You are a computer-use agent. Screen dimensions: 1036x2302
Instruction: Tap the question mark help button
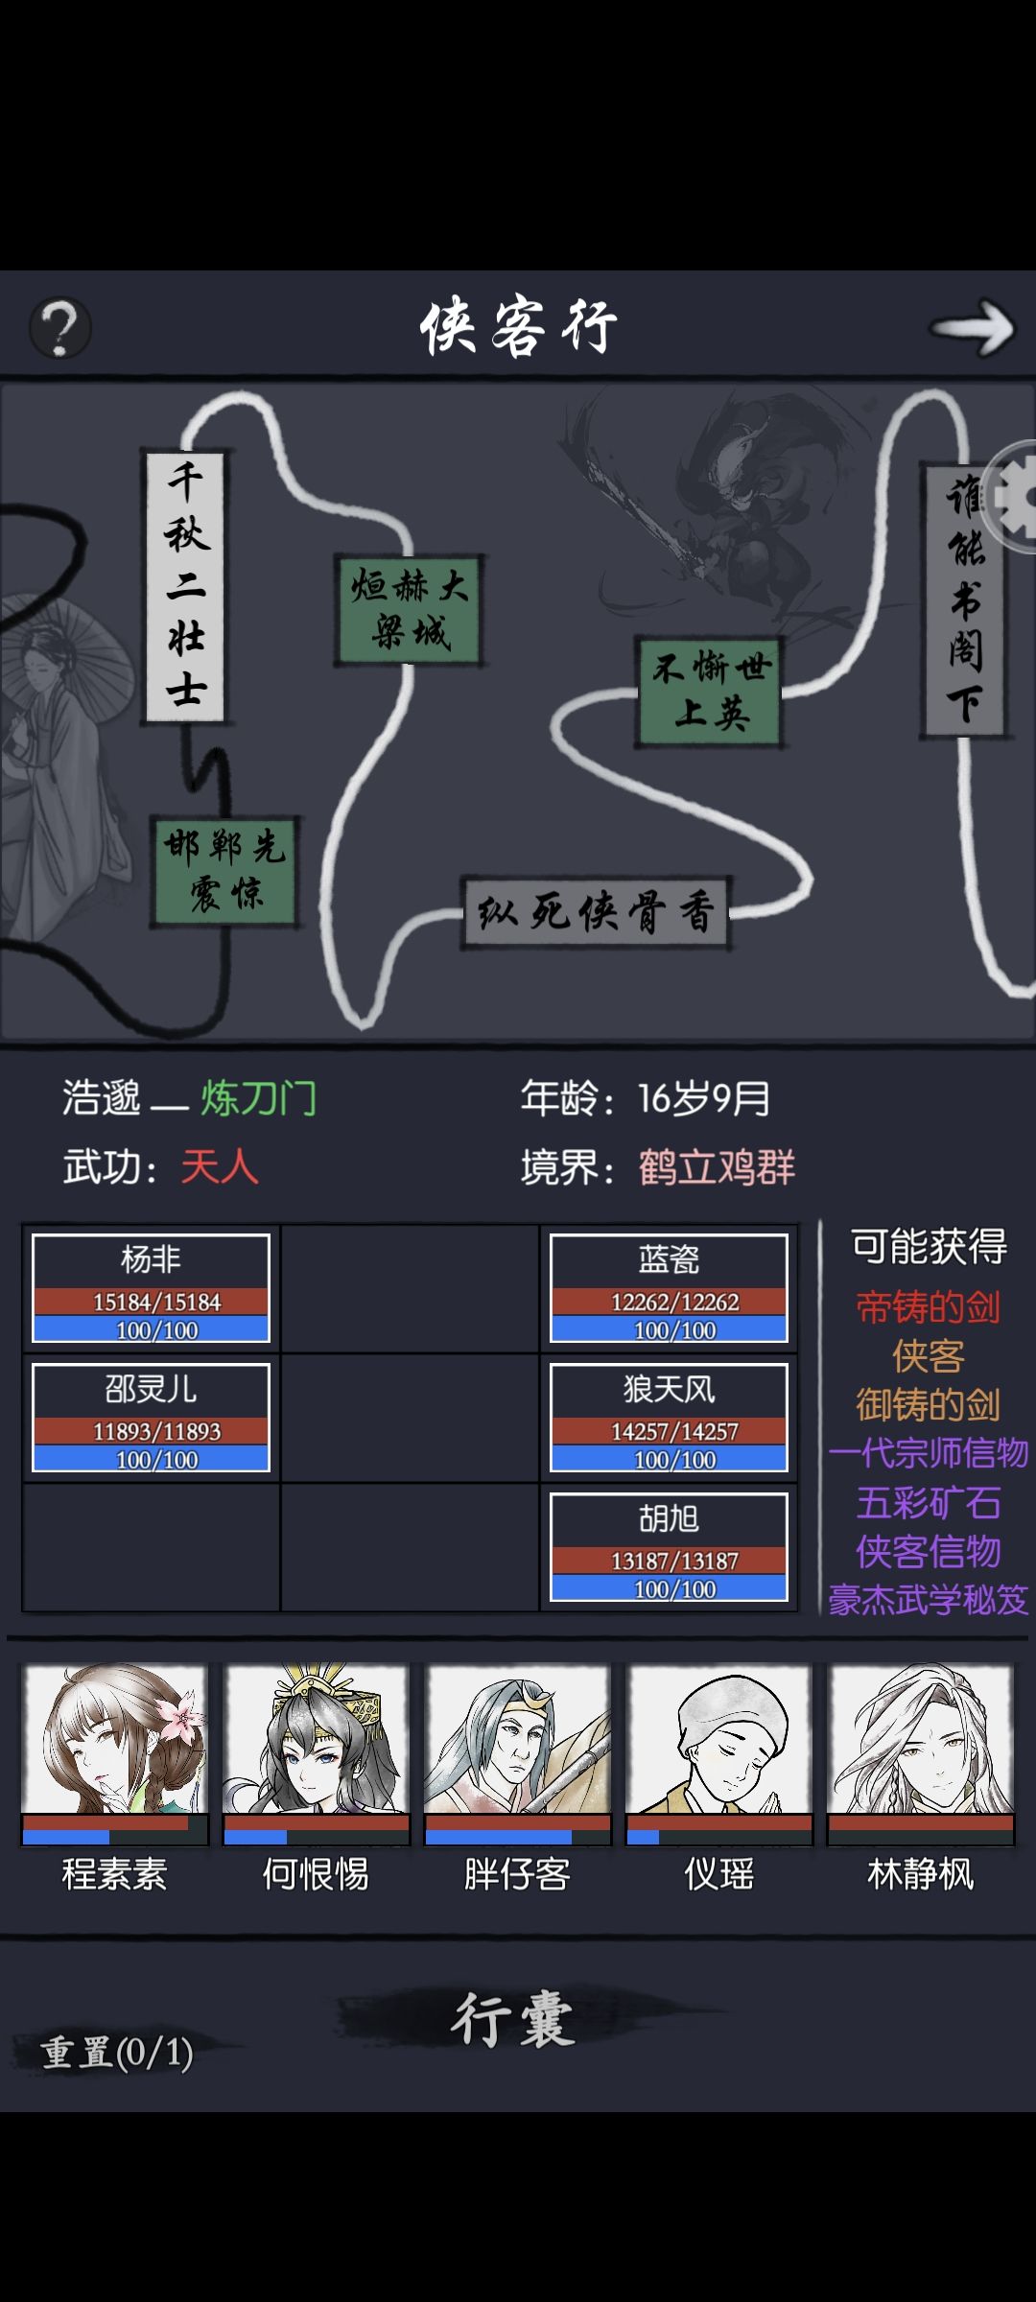pyautogui.click(x=60, y=329)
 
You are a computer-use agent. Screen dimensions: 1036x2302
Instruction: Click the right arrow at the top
pyautogui.click(x=972, y=328)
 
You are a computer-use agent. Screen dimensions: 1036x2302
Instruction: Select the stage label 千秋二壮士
pyautogui.click(x=185, y=585)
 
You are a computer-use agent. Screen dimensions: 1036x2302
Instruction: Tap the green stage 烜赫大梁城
pyautogui.click(x=410, y=610)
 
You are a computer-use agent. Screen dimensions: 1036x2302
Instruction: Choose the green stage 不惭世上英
pyautogui.click(x=711, y=692)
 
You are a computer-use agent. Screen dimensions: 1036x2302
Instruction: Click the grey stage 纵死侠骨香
pyautogui.click(x=596, y=912)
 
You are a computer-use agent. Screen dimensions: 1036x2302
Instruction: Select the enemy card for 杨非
pyautogui.click(x=152, y=1288)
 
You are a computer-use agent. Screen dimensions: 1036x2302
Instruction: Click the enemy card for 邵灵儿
pyautogui.click(x=152, y=1418)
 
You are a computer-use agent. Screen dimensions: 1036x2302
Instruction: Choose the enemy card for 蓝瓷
pyautogui.click(x=669, y=1288)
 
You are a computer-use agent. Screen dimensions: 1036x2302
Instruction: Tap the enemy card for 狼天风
pyautogui.click(x=669, y=1418)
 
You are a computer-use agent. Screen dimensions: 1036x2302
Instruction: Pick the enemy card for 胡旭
pyautogui.click(x=669, y=1547)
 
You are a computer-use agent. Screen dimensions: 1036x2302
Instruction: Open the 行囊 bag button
pyautogui.click(x=514, y=2019)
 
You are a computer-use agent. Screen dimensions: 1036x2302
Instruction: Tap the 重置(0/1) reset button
pyautogui.click(x=117, y=2053)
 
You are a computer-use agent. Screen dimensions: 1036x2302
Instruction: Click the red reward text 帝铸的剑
pyautogui.click(x=929, y=1307)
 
